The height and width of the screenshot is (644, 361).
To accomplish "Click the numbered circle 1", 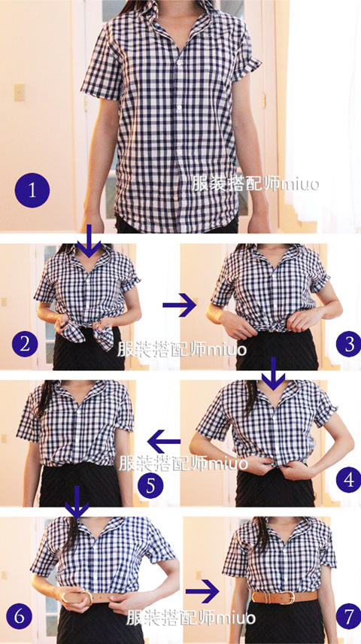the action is tap(32, 190).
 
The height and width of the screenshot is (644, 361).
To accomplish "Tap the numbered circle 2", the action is tap(25, 344).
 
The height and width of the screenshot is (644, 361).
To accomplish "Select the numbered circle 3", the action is tap(349, 344).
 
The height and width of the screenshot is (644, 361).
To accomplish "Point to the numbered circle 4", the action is tap(349, 479).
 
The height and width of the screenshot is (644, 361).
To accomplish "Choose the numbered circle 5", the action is tap(150, 485).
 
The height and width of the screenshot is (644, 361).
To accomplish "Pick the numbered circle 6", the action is tap(18, 617).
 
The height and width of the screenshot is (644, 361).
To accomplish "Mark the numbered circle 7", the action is tap(349, 617).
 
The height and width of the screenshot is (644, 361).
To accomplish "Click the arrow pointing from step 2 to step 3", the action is tap(180, 305).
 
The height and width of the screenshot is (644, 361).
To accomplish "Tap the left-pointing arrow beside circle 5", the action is tap(163, 442).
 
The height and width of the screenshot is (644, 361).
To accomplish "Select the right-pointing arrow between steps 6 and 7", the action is tap(202, 591).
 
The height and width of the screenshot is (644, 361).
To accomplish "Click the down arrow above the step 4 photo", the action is tap(274, 373).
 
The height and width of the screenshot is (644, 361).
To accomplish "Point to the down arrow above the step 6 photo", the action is tap(77, 502).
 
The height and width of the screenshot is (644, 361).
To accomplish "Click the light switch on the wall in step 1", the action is tap(20, 93).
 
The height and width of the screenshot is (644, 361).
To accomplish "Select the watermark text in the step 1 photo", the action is tap(255, 184).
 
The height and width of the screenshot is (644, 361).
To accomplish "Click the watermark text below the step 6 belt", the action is tap(190, 618).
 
